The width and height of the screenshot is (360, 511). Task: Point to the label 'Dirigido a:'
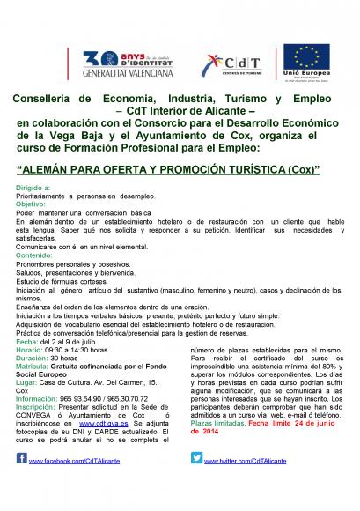(33, 189)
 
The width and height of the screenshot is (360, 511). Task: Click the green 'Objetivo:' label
(32, 204)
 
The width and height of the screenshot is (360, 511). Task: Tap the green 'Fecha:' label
(28, 342)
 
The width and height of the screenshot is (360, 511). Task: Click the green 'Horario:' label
(32, 350)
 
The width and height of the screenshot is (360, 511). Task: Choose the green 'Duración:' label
(34, 359)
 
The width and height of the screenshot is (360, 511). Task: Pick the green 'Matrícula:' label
(35, 367)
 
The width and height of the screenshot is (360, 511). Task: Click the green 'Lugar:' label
(28, 383)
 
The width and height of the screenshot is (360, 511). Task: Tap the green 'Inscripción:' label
(38, 409)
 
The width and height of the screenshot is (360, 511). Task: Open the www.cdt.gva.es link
(111, 426)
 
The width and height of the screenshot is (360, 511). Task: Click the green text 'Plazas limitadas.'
(218, 426)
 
